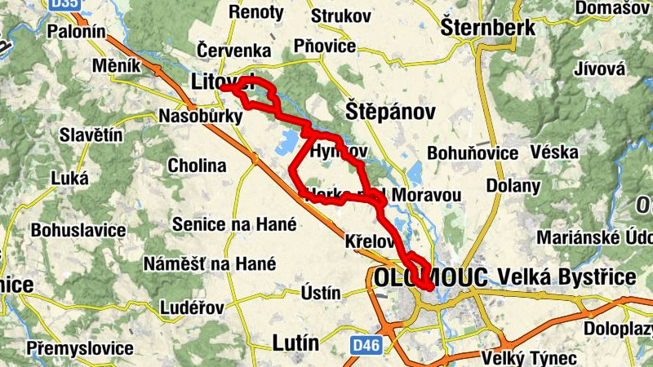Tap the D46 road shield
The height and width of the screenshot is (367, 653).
[367, 347]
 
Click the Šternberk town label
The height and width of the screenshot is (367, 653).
[488, 28]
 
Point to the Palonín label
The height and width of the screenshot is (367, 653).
[78, 32]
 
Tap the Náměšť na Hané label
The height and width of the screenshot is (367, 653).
[210, 263]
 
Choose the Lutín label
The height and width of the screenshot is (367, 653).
[295, 342]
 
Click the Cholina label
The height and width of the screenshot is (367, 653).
[197, 166]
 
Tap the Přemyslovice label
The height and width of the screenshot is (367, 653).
[79, 348]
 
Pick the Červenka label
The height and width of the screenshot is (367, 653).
[233, 51]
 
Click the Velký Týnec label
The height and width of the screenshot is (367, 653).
[517, 357]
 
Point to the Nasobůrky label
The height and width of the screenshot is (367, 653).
[200, 116]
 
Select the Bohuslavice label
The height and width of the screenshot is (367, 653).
[78, 230]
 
